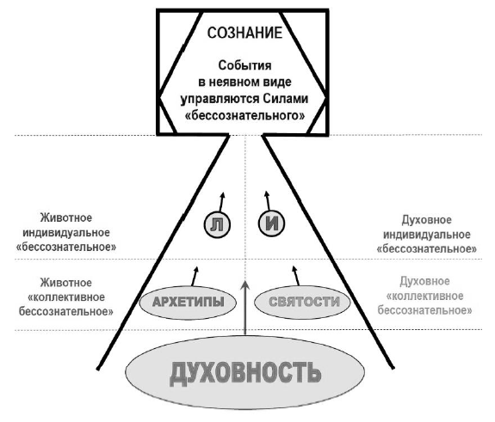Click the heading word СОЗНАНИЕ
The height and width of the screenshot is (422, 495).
pyautogui.click(x=244, y=34)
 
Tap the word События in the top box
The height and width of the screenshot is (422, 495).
pyautogui.click(x=244, y=65)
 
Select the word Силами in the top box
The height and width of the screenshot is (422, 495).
pyautogui.click(x=286, y=99)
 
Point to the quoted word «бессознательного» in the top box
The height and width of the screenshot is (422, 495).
pyautogui.click(x=244, y=116)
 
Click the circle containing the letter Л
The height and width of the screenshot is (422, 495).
pyautogui.click(x=217, y=224)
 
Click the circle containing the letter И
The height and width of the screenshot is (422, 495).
pyautogui.click(x=271, y=223)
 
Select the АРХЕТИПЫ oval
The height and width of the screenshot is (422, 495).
pyautogui.click(x=188, y=303)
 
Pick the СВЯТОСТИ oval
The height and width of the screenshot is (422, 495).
pyautogui.click(x=302, y=302)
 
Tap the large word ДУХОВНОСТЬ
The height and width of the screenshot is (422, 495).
pyautogui.click(x=245, y=374)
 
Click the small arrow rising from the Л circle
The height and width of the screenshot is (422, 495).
pyautogui.click(x=221, y=202)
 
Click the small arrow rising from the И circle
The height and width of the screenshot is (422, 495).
pyautogui.click(x=268, y=200)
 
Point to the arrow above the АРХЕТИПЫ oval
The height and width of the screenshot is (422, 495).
pyautogui.click(x=195, y=277)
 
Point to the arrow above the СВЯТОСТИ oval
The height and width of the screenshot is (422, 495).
pyautogui.click(x=295, y=276)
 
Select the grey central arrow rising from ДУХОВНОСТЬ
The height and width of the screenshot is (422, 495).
pyautogui.click(x=245, y=308)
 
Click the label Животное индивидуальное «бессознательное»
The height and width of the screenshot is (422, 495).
pyautogui.click(x=66, y=233)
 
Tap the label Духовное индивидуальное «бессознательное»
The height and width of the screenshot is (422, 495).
pyautogui.click(x=426, y=234)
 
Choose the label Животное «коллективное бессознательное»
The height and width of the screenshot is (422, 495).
pyautogui.click(x=66, y=297)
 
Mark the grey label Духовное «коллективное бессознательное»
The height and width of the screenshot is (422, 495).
pyautogui.click(x=425, y=296)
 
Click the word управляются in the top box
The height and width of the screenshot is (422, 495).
pyautogui.click(x=220, y=99)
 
